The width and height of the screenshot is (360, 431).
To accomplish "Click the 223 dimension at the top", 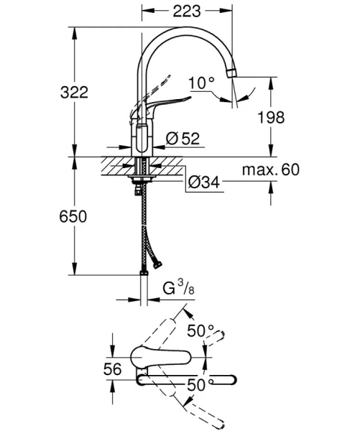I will point(187,11).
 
